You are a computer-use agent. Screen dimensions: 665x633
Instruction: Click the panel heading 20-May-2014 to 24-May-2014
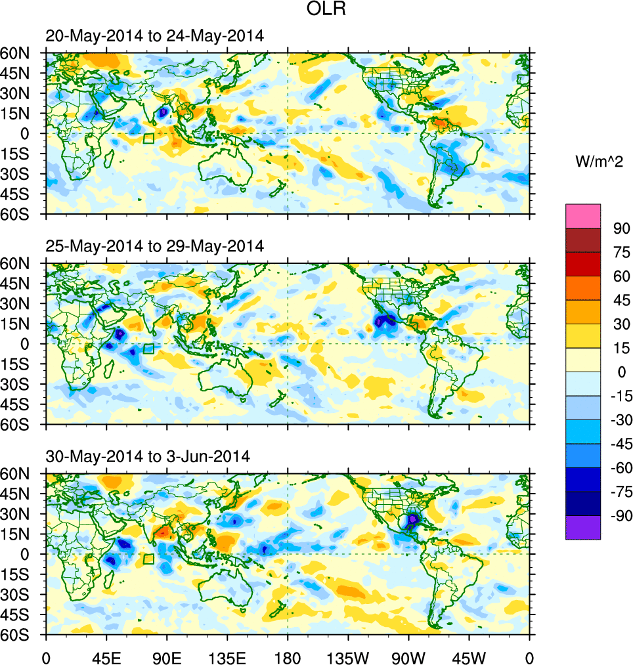point(155,36)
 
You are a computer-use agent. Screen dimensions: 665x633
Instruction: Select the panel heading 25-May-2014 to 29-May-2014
point(155,246)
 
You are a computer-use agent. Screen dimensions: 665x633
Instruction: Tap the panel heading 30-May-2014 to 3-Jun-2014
point(148,456)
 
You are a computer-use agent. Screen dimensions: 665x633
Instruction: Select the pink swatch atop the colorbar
point(583,215)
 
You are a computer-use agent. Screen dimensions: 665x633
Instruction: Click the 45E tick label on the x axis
point(106,657)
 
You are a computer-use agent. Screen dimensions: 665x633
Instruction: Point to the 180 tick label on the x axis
point(288,657)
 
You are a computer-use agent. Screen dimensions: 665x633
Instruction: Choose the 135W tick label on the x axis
point(348,657)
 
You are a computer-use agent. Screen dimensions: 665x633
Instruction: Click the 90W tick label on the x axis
point(408,657)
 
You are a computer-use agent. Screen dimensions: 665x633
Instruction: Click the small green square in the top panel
point(148,139)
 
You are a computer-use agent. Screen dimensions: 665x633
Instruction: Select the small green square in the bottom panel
point(148,559)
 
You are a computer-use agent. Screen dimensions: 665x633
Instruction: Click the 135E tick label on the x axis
point(227,657)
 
